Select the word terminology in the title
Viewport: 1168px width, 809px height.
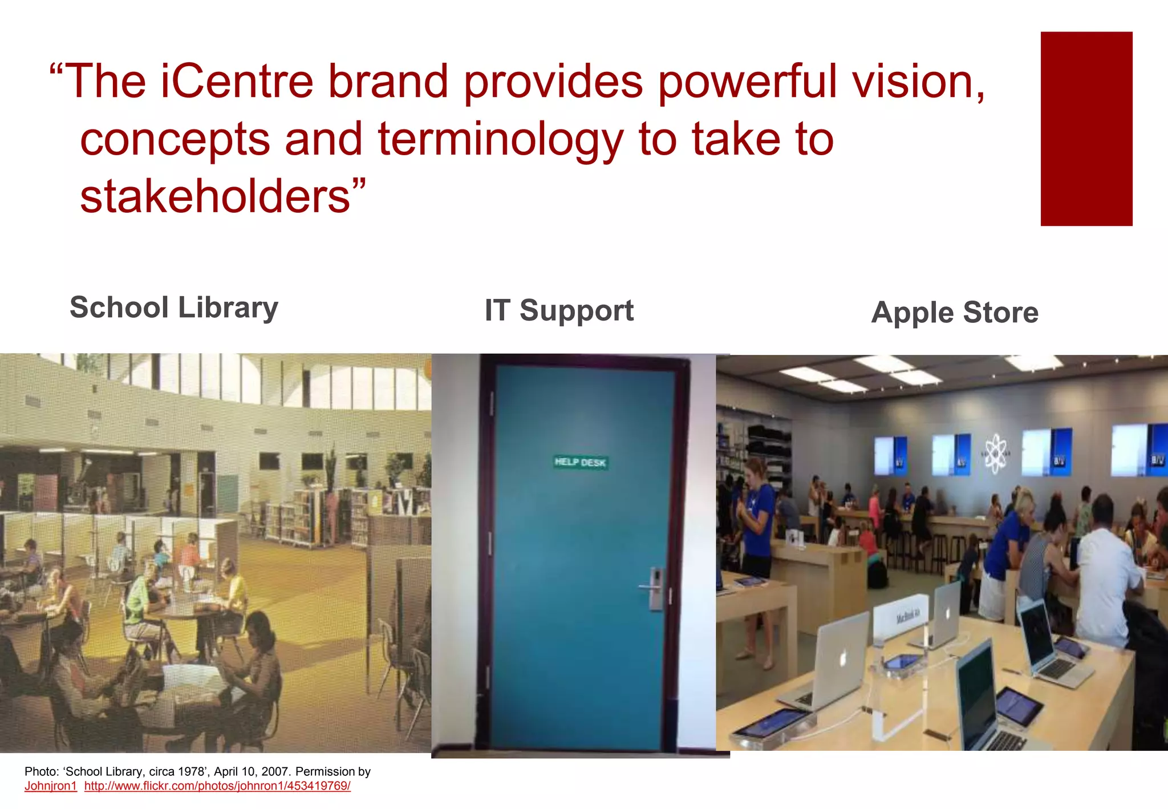[x=500, y=140]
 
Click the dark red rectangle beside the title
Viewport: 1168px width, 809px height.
[x=1086, y=129]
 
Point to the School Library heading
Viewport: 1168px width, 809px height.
[x=174, y=308]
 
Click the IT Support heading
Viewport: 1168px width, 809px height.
[x=559, y=311]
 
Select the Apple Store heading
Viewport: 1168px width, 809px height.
[x=955, y=313]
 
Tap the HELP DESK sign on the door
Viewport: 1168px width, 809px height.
[x=580, y=462]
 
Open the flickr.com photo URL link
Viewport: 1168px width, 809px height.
[x=217, y=786]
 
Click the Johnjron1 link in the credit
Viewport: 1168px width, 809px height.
[x=51, y=786]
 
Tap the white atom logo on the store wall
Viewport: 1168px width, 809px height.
[x=996, y=454]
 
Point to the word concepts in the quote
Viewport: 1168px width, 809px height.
[x=175, y=140]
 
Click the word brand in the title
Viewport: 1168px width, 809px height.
[x=388, y=82]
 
